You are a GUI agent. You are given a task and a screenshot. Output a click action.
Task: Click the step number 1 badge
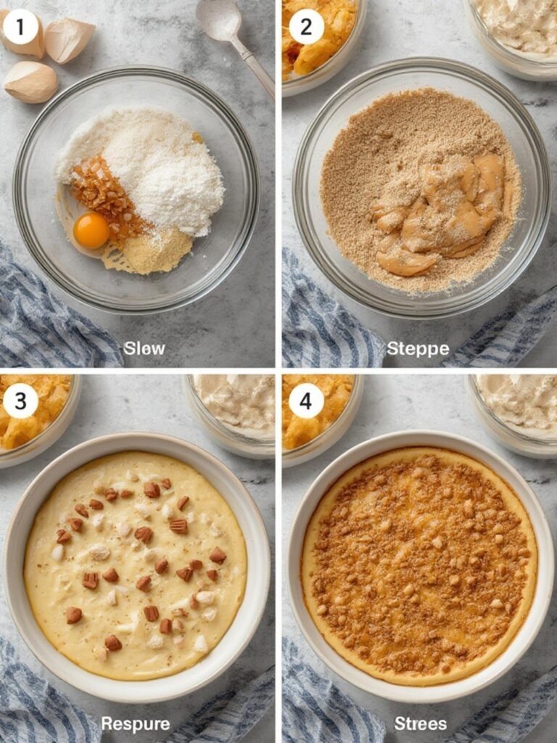[x=20, y=28]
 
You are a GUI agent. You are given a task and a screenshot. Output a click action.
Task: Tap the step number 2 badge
[x=306, y=28]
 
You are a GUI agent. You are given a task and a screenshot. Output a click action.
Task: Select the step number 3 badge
[x=20, y=401]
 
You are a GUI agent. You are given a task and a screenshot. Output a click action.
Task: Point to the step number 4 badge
[x=306, y=401]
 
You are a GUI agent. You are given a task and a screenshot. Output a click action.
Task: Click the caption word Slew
[x=144, y=348]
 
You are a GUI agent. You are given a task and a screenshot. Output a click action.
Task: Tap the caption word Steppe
[x=418, y=349]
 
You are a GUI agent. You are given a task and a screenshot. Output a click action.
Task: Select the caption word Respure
[x=136, y=723]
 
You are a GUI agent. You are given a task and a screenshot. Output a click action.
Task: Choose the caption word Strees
[x=421, y=723]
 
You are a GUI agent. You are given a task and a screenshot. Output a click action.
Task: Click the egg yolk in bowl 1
[x=91, y=230]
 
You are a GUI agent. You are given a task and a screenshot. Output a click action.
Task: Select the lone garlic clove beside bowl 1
[x=30, y=82]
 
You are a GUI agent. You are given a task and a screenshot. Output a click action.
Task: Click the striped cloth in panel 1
[x=44, y=319]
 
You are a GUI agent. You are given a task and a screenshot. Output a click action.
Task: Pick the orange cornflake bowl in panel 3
[x=33, y=414]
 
